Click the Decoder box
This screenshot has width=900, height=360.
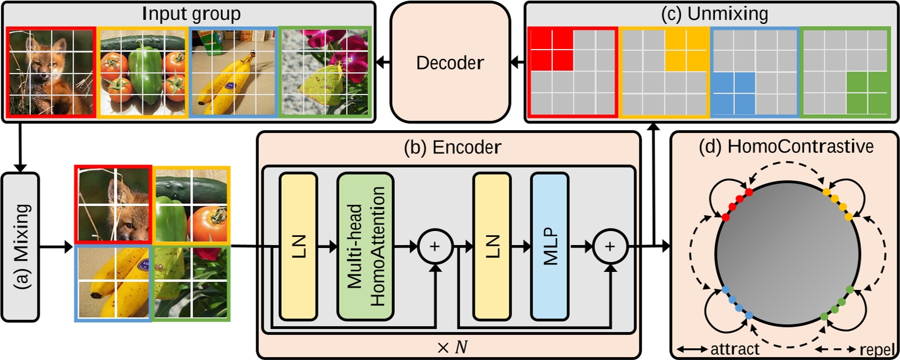[450, 63]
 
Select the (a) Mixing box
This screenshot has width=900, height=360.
[20, 246]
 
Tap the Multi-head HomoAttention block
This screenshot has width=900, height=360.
[365, 246]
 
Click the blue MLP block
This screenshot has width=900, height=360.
[549, 246]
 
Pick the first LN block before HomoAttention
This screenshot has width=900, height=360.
[298, 246]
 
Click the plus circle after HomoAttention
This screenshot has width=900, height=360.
[435, 247]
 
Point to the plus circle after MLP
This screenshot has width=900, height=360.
[610, 247]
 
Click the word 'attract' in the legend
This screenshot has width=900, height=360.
[736, 349]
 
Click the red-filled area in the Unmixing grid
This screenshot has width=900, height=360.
[551, 49]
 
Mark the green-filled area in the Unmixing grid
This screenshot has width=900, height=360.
[866, 93]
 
